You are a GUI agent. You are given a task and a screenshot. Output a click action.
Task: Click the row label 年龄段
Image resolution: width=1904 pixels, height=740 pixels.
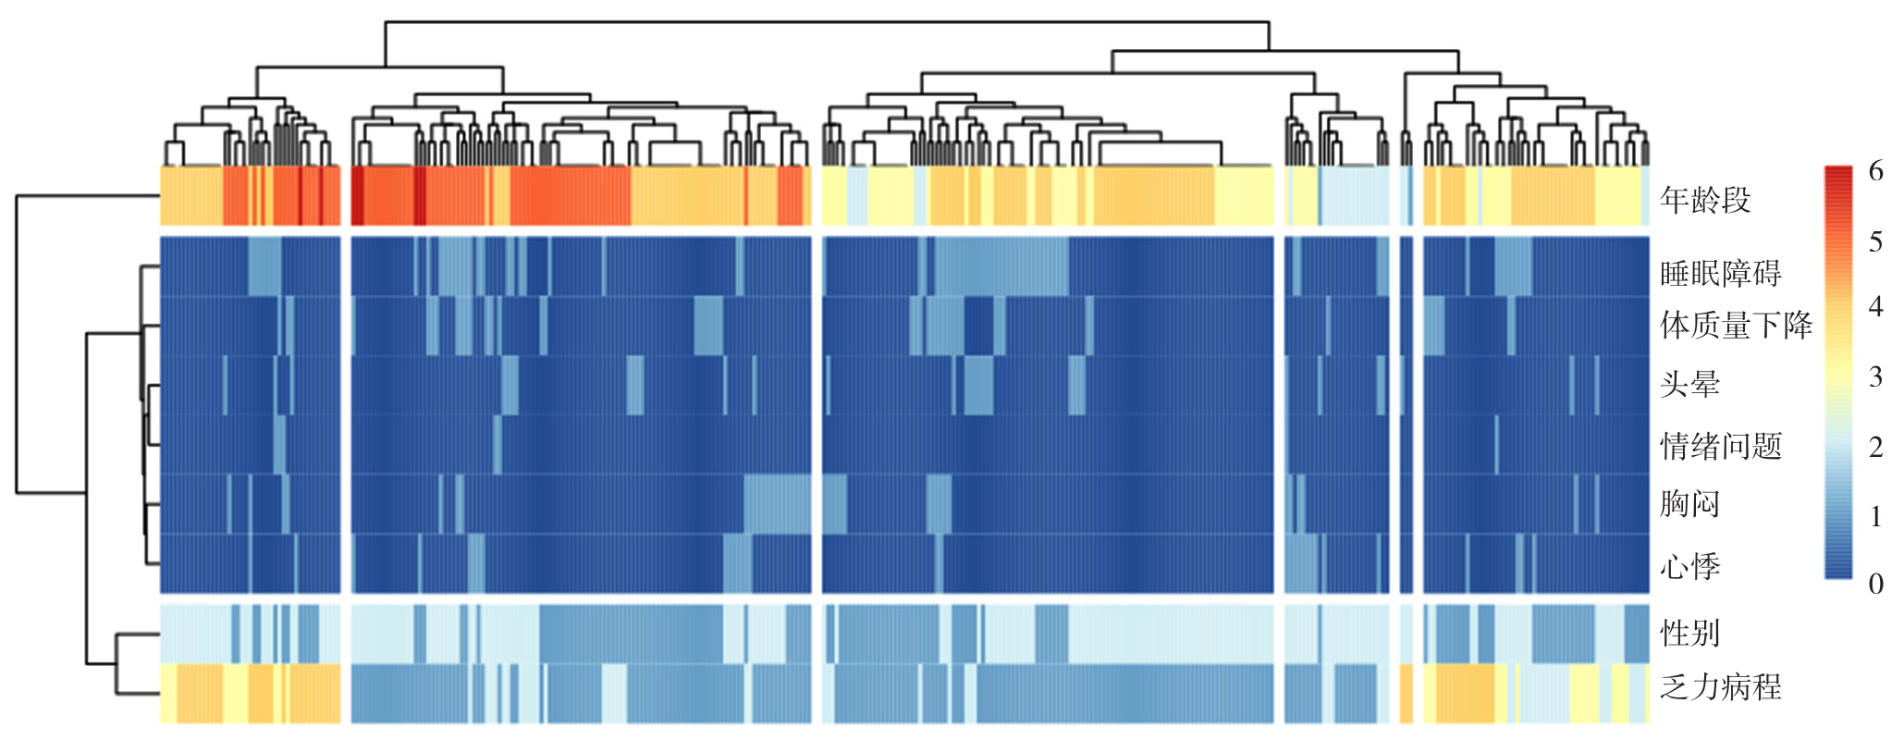click(1705, 200)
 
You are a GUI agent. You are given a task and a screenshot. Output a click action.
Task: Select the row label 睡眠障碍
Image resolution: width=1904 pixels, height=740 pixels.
click(1720, 273)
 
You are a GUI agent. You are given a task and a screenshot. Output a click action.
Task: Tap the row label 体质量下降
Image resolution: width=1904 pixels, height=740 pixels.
click(1736, 325)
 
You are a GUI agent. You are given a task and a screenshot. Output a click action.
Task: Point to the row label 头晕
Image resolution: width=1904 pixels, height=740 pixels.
click(1689, 384)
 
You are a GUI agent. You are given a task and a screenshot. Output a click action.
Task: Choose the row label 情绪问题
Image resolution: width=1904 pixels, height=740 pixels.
click(1720, 446)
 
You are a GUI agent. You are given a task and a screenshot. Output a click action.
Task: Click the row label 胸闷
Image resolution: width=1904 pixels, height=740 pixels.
click(1689, 504)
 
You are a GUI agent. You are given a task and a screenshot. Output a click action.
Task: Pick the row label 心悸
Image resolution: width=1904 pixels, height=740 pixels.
click(1689, 566)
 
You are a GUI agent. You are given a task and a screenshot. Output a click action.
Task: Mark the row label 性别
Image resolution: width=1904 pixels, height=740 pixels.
click(1689, 634)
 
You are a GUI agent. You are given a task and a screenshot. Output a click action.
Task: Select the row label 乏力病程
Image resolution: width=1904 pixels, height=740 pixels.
click(1720, 687)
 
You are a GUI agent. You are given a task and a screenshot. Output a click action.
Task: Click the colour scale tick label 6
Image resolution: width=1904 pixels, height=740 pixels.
click(1875, 171)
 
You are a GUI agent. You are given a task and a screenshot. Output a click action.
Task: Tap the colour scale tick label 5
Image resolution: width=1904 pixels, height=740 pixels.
click(1875, 242)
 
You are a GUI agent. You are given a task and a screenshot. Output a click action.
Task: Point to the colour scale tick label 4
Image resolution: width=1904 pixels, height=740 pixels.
click(1875, 307)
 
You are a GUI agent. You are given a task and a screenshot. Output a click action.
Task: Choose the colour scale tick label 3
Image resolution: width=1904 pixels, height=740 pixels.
click(1875, 377)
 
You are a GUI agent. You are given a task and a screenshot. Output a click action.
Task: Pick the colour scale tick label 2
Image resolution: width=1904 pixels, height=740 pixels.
click(1875, 448)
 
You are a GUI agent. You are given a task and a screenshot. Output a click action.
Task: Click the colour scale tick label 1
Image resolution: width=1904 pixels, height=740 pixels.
click(1875, 516)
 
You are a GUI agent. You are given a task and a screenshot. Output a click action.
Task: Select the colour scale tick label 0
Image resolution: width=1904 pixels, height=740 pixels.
click(1875, 584)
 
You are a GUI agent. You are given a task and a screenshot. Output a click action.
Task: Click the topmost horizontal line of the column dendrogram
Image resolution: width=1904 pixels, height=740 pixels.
click(827, 21)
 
